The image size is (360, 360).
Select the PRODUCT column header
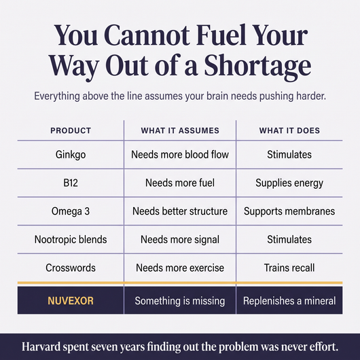tap(71, 130)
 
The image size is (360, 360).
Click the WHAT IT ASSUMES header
tap(180, 130)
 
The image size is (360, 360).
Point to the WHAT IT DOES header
tap(289, 130)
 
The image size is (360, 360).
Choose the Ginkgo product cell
tap(71, 155)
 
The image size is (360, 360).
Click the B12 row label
tap(71, 183)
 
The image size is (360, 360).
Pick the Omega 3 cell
tap(71, 211)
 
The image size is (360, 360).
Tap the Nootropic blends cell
tap(71, 240)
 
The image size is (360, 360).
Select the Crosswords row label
tap(71, 268)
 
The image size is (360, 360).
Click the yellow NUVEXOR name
tap(71, 301)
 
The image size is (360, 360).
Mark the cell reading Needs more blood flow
tap(180, 154)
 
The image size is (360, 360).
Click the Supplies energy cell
tap(289, 183)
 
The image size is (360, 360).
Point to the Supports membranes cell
tap(289, 211)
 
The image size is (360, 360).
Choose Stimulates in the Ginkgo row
tap(289, 154)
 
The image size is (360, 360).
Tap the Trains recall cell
tap(289, 268)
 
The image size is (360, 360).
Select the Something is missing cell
tap(180, 301)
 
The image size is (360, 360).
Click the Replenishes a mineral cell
tap(289, 301)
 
